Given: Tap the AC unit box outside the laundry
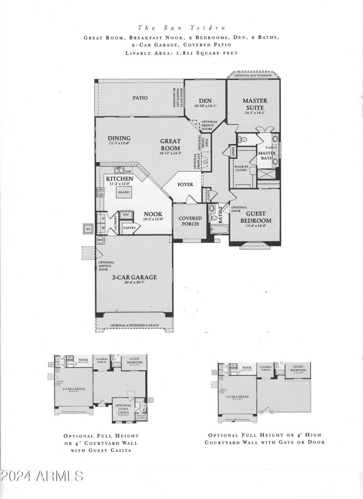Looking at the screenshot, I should coord(88,229).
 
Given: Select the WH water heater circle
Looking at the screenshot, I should coord(100,240).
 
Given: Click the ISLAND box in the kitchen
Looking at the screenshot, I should coord(124,192).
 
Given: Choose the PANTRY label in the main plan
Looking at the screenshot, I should coord(129,228).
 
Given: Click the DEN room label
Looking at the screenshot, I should coord(206,101).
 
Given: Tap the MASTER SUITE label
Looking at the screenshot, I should coord(255,104).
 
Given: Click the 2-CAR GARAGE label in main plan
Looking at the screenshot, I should coord(134,277).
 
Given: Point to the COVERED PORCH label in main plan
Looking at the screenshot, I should coord(190,221).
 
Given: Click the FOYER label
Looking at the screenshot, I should coord(185,185).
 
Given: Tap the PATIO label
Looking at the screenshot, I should coord(140,98).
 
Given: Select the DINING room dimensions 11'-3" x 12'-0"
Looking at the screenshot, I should coord(119,143).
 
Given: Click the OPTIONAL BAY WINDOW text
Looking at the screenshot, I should coord(253,75).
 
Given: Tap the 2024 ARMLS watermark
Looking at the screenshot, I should coord(42,476).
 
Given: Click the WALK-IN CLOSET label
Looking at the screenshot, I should coord(240,169).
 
